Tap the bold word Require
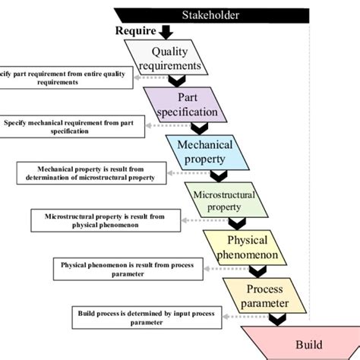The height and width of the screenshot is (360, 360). coord(135,31)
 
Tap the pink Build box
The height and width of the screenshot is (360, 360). coord(299,344)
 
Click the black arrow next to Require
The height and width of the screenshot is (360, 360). coord(167,32)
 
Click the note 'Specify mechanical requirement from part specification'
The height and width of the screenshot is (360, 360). coord(73,126)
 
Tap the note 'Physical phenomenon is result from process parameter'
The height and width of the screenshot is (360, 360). coord(122,268)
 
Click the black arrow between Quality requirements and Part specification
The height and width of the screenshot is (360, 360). coord(176,81)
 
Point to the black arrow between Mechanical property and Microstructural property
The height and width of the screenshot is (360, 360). coord(218,176)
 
